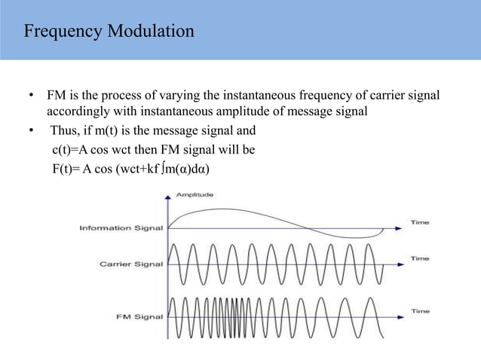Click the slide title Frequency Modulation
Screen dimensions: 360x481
click(109, 32)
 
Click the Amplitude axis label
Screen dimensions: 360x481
click(195, 194)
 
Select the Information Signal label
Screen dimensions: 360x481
click(121, 228)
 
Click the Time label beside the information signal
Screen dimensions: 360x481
click(420, 222)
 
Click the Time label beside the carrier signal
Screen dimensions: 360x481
click(420, 258)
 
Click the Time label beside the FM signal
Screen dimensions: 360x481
click(420, 310)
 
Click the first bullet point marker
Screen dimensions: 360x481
click(31, 97)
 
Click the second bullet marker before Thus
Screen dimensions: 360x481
click(31, 131)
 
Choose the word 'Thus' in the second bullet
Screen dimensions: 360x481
click(64, 131)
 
